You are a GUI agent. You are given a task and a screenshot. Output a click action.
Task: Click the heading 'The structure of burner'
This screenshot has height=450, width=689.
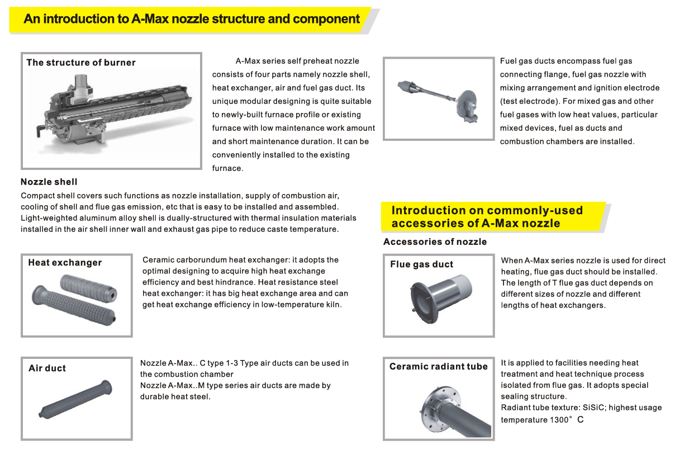click(x=81, y=63)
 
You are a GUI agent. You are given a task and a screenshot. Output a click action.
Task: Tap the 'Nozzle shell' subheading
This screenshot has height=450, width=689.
click(x=49, y=182)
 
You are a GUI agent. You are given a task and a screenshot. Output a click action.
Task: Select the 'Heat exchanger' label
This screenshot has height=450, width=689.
click(x=65, y=263)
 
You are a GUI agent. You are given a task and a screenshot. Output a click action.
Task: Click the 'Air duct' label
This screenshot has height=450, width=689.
click(x=47, y=368)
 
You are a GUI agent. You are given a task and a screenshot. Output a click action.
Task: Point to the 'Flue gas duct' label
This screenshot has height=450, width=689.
click(x=421, y=264)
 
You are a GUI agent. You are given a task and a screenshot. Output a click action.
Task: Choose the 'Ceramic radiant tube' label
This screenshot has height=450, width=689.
click(x=439, y=367)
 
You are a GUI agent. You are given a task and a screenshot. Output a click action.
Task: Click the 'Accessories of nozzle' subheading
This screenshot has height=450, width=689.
click(x=435, y=242)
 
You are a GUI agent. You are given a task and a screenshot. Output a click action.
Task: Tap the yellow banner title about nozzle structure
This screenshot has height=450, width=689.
click(x=192, y=19)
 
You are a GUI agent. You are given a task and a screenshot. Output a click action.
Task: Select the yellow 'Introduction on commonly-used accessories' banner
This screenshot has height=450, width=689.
click(x=487, y=217)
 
